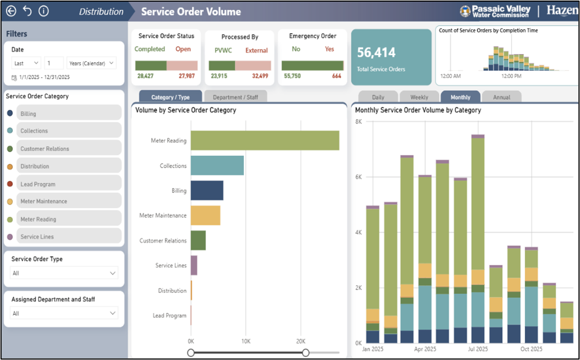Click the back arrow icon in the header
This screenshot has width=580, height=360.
tap(11, 11)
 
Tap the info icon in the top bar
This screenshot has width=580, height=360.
tap(44, 11)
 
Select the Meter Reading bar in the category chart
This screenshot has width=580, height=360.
tap(265, 141)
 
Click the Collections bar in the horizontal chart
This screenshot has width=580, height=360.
tap(217, 165)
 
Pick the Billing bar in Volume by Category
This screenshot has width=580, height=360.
tap(207, 191)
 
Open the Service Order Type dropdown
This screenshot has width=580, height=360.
tap(64, 273)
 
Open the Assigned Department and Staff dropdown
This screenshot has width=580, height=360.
tap(64, 313)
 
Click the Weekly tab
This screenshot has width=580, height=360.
tap(419, 97)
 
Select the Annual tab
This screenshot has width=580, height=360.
tap(501, 97)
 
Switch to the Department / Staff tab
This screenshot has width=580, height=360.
tap(235, 97)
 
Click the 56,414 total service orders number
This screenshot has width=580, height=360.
tap(377, 53)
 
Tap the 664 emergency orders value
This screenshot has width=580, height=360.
tap(336, 76)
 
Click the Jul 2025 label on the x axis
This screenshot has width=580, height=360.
tap(478, 349)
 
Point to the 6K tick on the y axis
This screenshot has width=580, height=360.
tap(359, 177)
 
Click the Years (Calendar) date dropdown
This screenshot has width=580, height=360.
tap(91, 63)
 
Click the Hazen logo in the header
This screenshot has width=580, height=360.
tap(562, 10)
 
